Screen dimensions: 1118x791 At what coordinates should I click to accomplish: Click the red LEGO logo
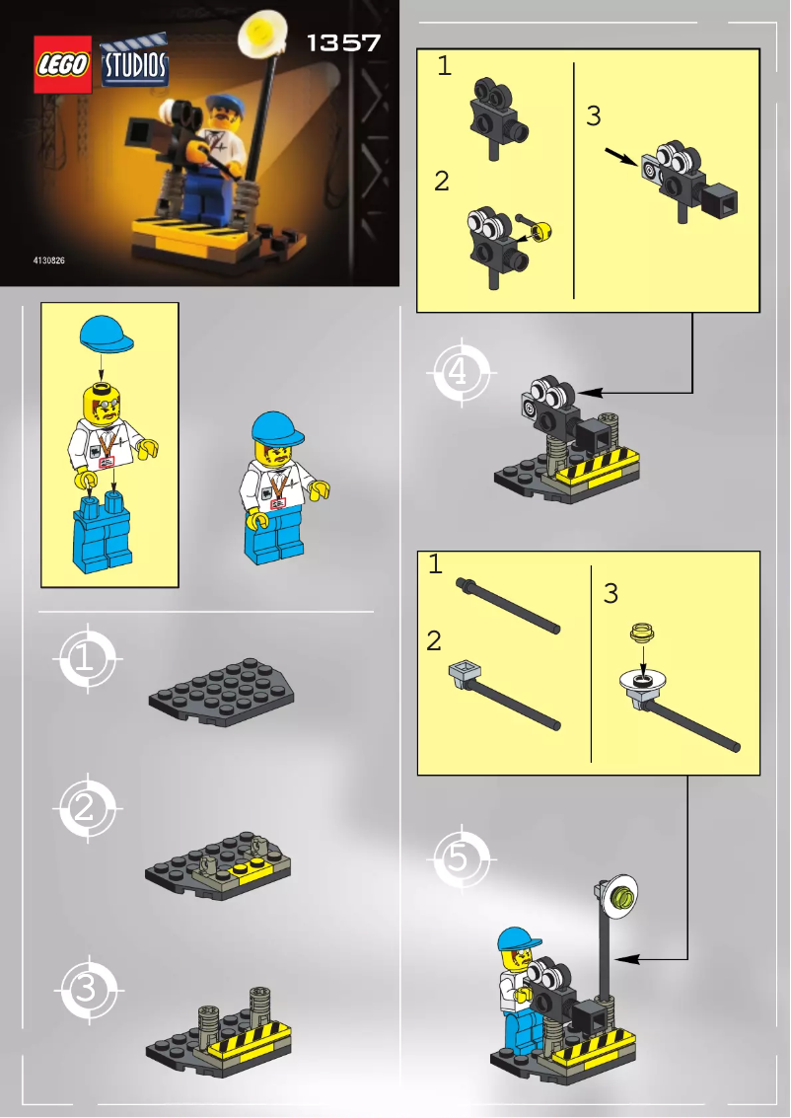63,65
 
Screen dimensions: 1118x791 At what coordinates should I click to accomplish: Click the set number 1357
343,43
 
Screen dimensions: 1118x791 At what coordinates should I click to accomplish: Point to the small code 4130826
49,262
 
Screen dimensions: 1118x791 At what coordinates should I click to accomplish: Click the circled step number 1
87,659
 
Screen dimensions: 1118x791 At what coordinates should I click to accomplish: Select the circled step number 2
87,810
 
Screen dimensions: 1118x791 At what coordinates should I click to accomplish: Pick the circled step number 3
87,987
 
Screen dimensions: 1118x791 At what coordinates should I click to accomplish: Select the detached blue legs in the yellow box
103,537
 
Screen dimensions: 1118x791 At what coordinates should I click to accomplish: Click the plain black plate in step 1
220,693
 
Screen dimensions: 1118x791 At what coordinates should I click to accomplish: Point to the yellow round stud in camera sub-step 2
541,232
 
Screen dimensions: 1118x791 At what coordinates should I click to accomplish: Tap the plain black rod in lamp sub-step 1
508,606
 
